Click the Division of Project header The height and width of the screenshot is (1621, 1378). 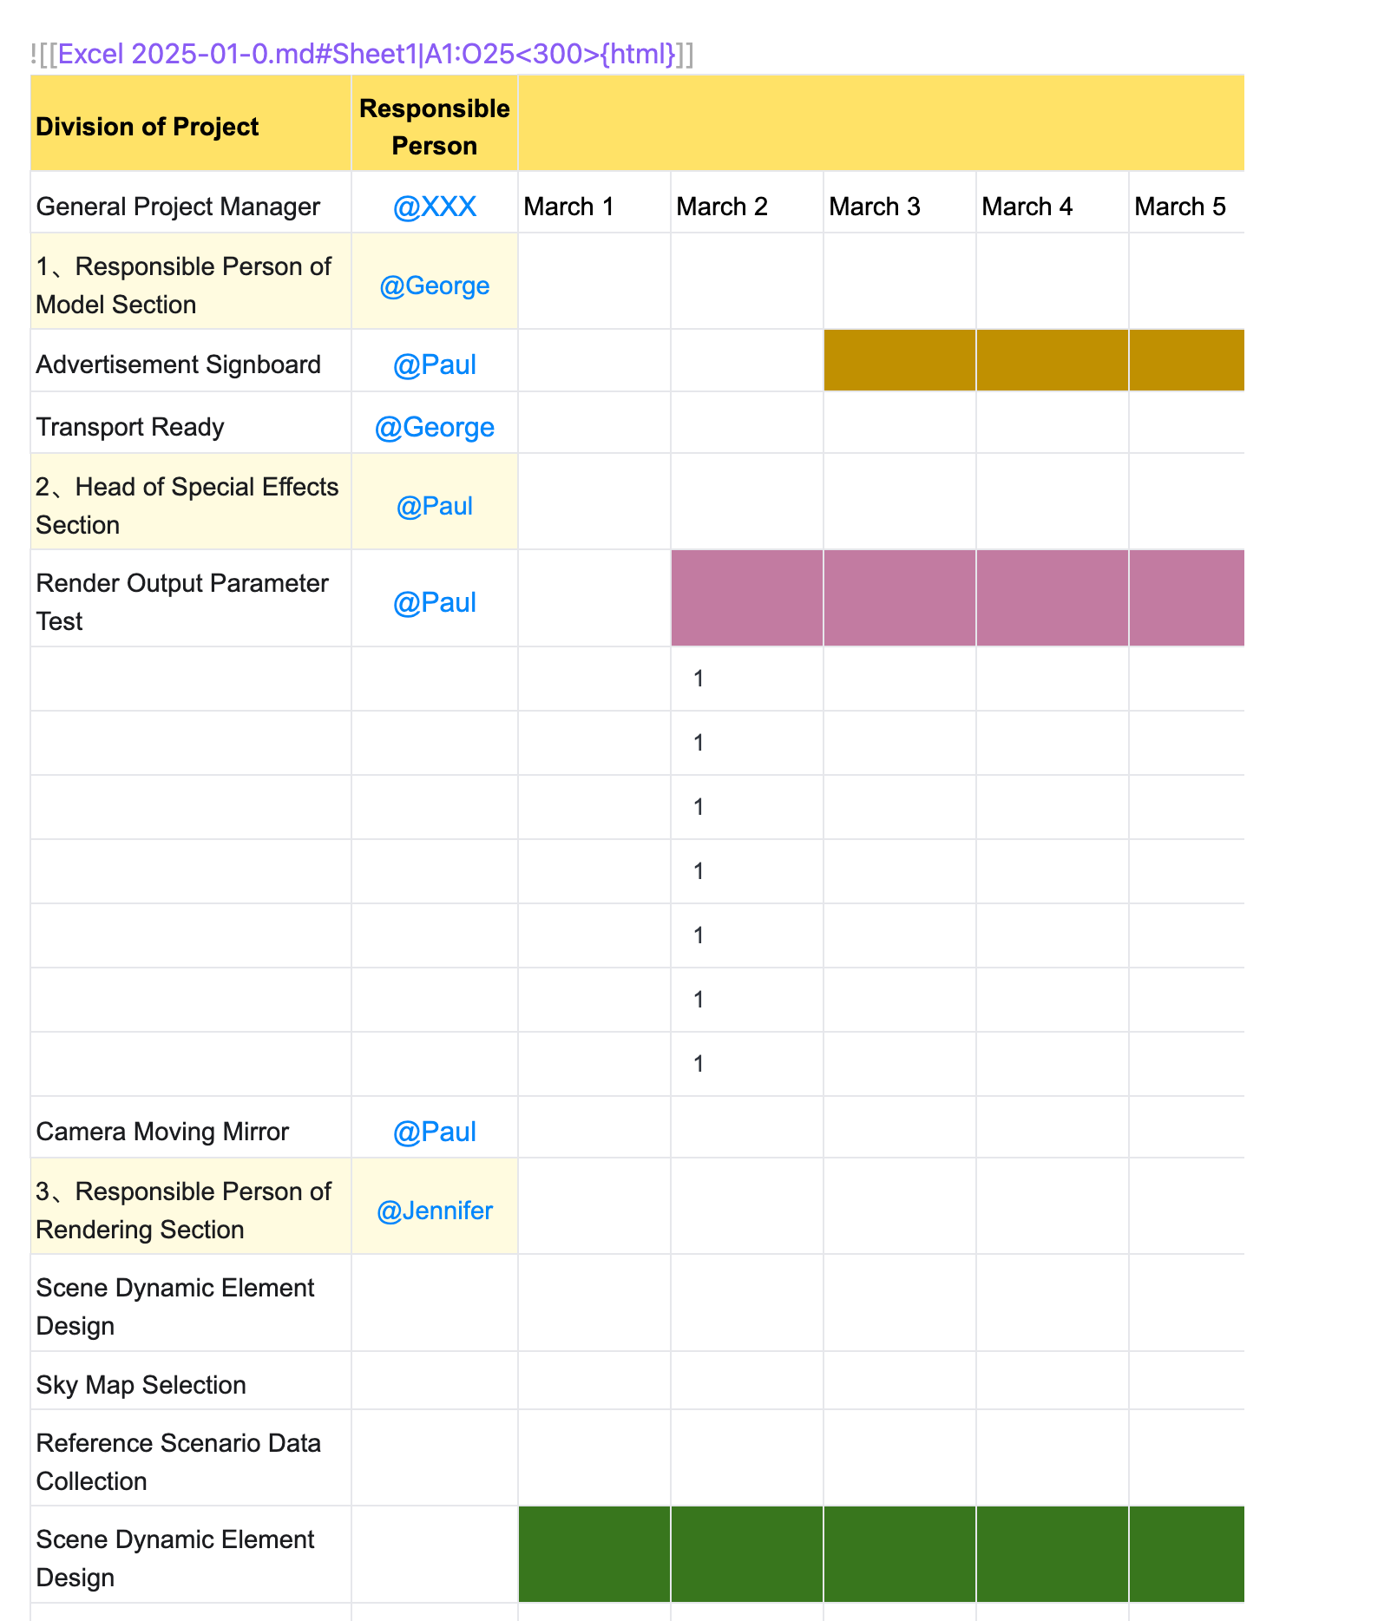coord(148,127)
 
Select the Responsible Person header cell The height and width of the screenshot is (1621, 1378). coord(434,127)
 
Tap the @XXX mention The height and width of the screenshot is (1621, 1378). coord(434,207)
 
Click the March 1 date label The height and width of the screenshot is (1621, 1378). coord(569,207)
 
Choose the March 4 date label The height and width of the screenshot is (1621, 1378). coord(1027,207)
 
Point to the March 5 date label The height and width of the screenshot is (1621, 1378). coord(1179,207)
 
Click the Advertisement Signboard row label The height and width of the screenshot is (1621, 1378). coord(179,364)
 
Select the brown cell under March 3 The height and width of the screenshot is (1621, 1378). coord(899,360)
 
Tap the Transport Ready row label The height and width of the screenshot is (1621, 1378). coord(130,427)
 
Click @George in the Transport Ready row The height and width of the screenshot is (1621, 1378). coord(434,427)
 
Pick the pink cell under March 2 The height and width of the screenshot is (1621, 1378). coord(746,598)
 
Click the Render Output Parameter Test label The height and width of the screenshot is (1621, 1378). coord(182,601)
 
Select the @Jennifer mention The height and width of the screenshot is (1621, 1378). coord(434,1211)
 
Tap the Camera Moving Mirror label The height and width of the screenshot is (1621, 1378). coord(162,1132)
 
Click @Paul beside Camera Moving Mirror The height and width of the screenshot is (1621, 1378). coord(434,1132)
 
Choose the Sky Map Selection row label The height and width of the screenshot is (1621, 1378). coord(141,1385)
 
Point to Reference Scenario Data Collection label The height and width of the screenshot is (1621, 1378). coord(179,1461)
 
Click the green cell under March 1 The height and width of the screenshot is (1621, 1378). coord(594,1553)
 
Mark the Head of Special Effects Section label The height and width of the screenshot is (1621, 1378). coord(187,505)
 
